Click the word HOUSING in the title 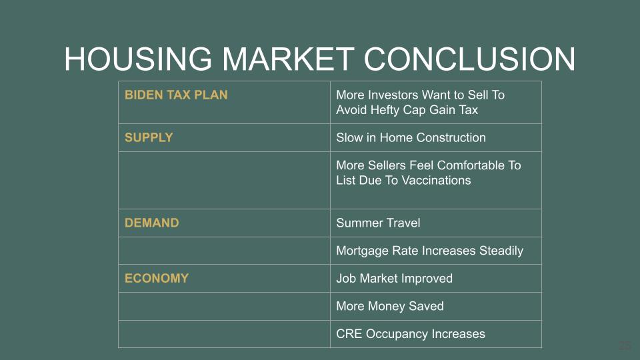point(138,59)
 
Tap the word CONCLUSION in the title point(469,59)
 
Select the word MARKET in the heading point(288,59)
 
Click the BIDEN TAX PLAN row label point(176,95)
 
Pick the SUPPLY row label point(149,137)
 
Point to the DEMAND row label point(151,223)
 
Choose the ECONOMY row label point(156,279)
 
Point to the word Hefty point(385,110)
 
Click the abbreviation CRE point(349,334)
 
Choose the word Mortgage point(362,251)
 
